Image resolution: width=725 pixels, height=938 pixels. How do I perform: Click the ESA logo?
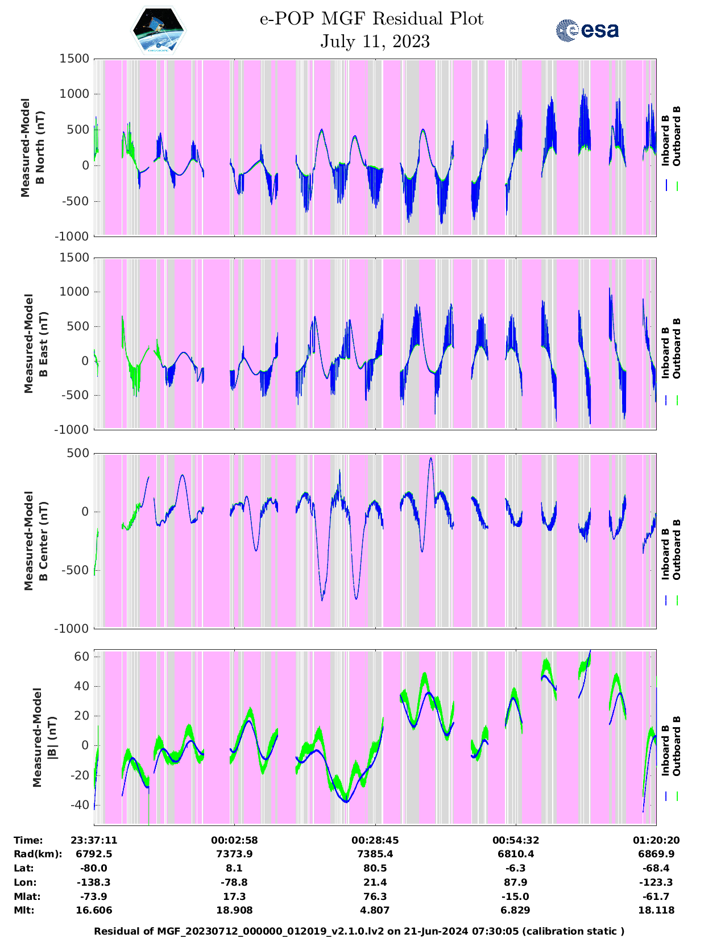[587, 30]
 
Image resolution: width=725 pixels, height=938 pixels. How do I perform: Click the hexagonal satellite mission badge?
[159, 31]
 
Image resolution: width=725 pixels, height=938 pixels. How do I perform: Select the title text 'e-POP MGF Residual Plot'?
[371, 19]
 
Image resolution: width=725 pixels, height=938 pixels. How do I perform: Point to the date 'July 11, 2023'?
[375, 41]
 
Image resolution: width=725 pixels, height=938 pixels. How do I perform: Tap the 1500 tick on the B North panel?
[74, 59]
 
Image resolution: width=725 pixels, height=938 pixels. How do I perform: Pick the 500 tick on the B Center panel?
[78, 453]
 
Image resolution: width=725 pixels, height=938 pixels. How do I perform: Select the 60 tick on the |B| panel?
[82, 657]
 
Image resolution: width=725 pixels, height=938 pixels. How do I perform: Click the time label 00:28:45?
[375, 840]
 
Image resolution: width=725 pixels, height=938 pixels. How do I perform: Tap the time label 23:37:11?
[94, 840]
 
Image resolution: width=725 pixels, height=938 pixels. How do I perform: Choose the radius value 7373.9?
[234, 854]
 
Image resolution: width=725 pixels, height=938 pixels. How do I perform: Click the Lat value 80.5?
[375, 868]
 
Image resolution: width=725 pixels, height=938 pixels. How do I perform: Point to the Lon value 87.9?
[516, 882]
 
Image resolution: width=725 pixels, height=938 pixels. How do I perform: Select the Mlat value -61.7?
[656, 897]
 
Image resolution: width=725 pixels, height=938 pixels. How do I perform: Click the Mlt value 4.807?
[375, 910]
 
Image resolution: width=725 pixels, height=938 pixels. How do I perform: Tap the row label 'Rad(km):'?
[38, 854]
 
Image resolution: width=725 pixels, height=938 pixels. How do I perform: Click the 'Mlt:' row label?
[24, 910]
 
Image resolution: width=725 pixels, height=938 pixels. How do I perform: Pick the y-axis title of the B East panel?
[35, 343]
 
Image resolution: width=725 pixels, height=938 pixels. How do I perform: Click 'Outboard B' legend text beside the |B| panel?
[676, 746]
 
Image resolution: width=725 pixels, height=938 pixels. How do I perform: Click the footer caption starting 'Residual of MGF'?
[359, 931]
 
